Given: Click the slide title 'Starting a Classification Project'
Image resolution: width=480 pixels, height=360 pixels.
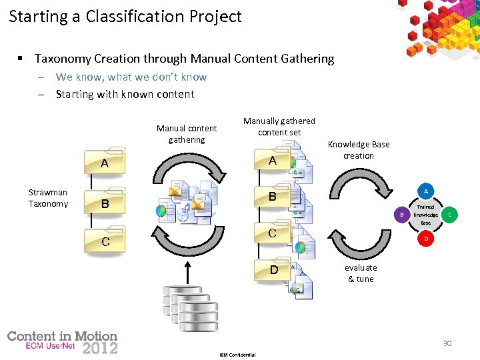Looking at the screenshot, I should click(x=125, y=17).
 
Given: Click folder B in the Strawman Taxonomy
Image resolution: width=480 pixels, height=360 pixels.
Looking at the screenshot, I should click(x=105, y=203).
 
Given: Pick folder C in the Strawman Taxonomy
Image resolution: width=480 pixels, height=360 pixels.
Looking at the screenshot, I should click(x=105, y=241).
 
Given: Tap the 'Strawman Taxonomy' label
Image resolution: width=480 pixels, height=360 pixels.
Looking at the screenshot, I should click(x=48, y=198).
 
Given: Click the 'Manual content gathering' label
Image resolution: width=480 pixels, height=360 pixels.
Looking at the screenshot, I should click(x=187, y=133).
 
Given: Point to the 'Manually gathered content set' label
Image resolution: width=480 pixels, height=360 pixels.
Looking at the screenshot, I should click(x=279, y=126).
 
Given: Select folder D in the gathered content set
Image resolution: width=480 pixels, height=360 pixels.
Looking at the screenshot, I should click(x=273, y=271).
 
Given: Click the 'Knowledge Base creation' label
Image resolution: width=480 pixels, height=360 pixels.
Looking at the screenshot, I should click(x=359, y=149).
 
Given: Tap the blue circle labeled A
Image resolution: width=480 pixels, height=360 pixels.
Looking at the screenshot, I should click(x=425, y=191).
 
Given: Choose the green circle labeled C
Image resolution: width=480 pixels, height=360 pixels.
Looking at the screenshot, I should click(x=450, y=215).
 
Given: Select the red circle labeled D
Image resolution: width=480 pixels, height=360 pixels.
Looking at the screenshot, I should click(x=425, y=238).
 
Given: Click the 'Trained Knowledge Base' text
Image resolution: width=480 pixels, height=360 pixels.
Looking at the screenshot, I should click(x=425, y=215).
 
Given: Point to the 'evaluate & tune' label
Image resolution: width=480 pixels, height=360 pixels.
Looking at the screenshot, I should click(x=361, y=273).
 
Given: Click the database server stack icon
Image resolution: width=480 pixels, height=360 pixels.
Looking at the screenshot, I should click(x=191, y=308).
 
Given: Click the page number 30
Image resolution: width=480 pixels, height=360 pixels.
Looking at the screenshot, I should click(x=447, y=343).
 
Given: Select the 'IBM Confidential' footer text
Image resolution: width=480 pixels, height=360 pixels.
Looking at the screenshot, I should click(x=237, y=355).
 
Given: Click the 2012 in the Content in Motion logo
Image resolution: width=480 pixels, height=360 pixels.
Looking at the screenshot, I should click(x=100, y=347).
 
